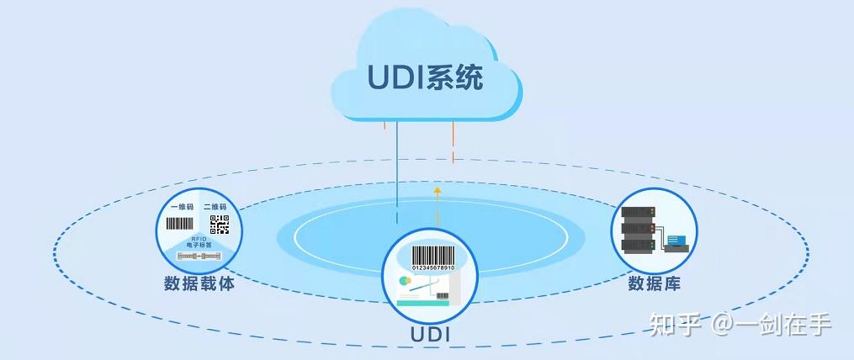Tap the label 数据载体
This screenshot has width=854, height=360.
click(x=199, y=283)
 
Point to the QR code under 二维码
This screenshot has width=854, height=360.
click(x=220, y=225)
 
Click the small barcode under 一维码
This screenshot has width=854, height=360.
click(x=179, y=225)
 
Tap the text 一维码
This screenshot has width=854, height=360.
click(x=182, y=207)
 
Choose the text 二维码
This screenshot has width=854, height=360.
click(x=215, y=207)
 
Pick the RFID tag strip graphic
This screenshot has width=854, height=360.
click(x=199, y=255)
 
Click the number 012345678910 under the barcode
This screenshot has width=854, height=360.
click(x=432, y=267)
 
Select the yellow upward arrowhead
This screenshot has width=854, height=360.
click(x=438, y=191)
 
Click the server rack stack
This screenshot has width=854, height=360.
click(x=637, y=229)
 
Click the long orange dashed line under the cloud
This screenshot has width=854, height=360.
click(x=453, y=143)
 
